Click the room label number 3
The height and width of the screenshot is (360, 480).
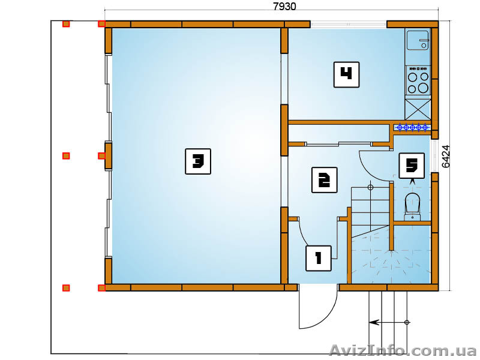pyautogui.click(x=198, y=161)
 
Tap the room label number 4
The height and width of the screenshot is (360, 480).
pyautogui.click(x=346, y=74)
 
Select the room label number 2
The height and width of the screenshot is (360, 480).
pyautogui.click(x=324, y=180)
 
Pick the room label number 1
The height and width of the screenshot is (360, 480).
pyautogui.click(x=319, y=259)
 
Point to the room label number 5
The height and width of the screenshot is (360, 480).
pyautogui.click(x=412, y=166)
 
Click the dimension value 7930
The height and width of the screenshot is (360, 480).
pyautogui.click(x=284, y=6)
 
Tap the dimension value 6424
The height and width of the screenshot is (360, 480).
pyautogui.click(x=446, y=156)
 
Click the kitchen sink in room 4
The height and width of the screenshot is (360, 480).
pyautogui.click(x=418, y=40)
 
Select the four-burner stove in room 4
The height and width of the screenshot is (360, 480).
pyautogui.click(x=418, y=80)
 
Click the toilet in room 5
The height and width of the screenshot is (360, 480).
pyautogui.click(x=412, y=206)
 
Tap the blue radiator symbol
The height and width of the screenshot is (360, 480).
pyautogui.click(x=412, y=127)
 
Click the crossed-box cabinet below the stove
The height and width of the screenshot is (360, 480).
pyautogui.click(x=418, y=109)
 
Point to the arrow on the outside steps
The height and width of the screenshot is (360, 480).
pyautogui.click(x=388, y=322)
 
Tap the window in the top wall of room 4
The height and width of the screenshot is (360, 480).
pyautogui.click(x=349, y=25)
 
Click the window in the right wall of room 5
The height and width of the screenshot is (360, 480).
pyautogui.click(x=434, y=156)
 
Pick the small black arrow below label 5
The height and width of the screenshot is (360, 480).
pyautogui.click(x=412, y=181)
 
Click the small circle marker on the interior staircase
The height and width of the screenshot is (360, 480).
pyautogui.click(x=370, y=187)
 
